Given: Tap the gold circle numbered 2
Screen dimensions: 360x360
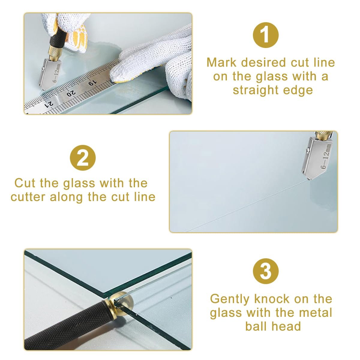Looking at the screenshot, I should [x=83, y=158].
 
